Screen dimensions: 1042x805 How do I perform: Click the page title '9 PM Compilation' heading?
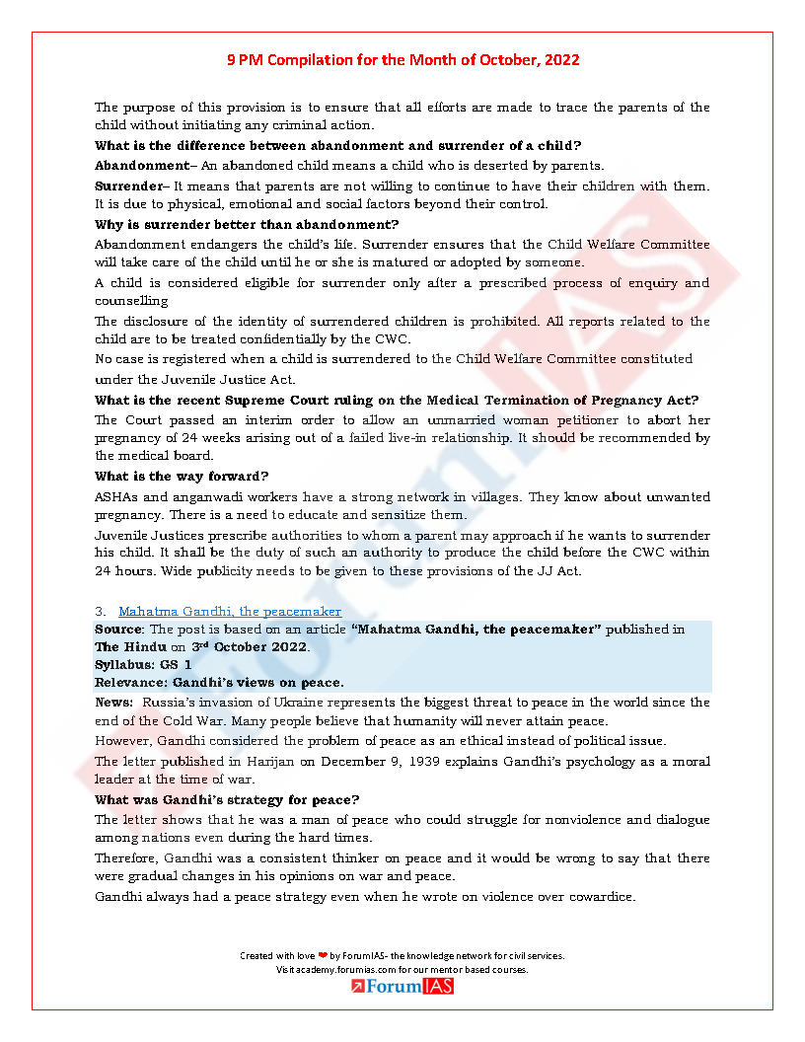point(402,60)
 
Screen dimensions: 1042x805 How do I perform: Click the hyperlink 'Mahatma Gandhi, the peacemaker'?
point(230,612)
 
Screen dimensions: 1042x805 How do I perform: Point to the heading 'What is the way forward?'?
point(182,477)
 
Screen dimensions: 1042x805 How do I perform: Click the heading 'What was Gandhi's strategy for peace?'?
point(227,799)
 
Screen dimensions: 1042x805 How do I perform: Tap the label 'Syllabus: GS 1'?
point(143,665)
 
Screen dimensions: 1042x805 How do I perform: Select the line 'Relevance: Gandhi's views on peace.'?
point(219,682)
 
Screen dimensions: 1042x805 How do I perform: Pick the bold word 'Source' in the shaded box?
point(117,630)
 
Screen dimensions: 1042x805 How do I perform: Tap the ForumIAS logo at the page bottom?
point(402,986)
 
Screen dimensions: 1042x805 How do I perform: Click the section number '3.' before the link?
point(101,612)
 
